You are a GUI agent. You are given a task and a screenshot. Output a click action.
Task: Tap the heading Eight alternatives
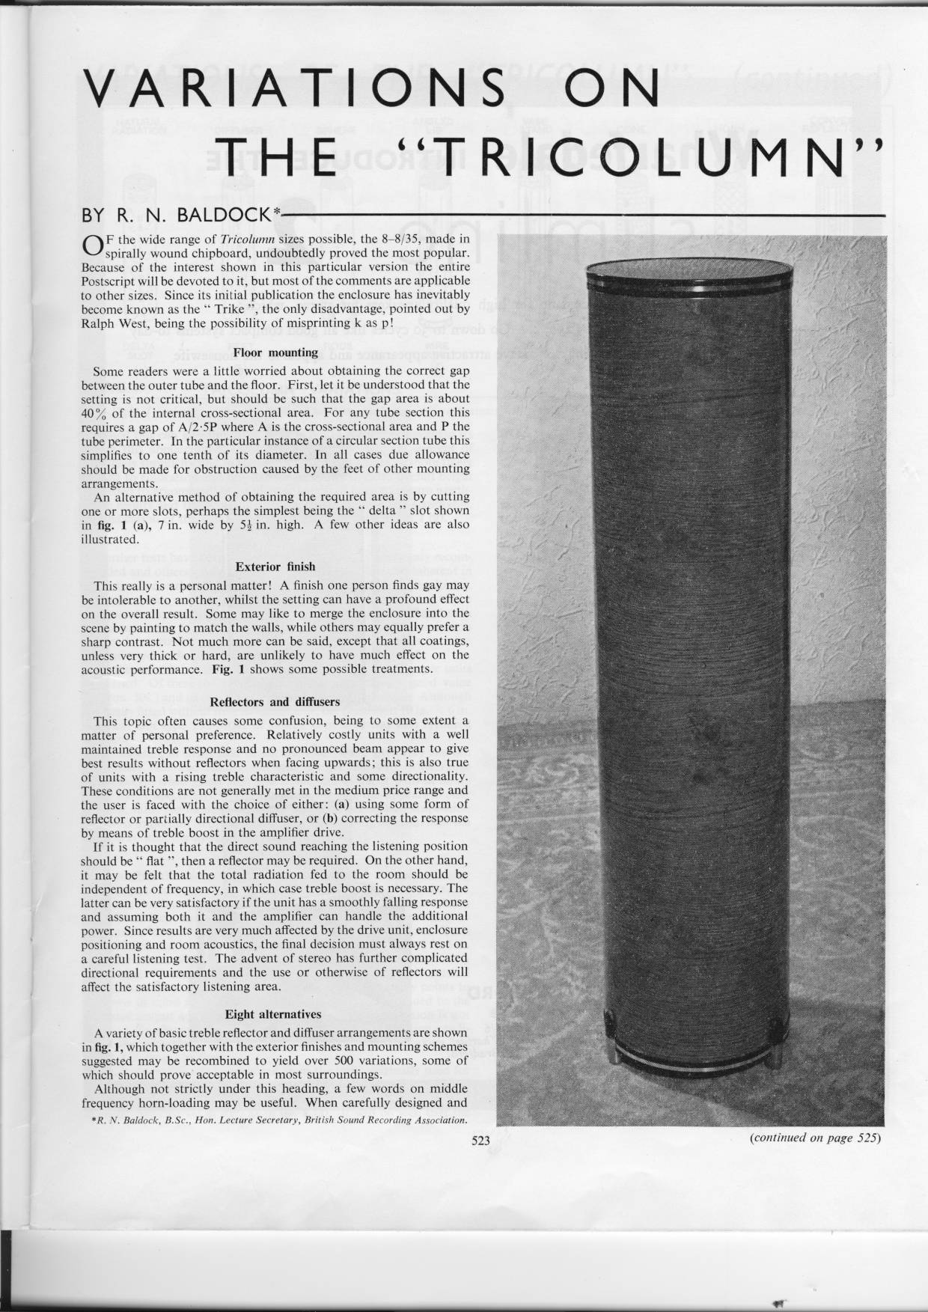click(x=273, y=1014)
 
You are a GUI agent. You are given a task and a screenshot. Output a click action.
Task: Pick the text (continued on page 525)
click(x=813, y=1138)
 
